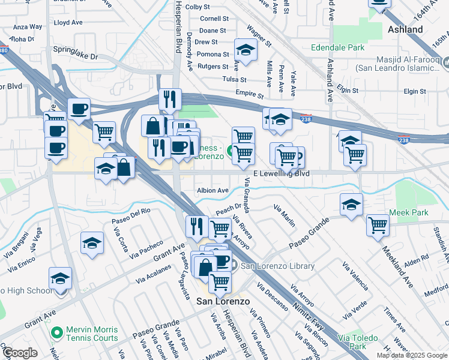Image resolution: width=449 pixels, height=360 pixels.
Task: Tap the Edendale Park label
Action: tap(337, 47)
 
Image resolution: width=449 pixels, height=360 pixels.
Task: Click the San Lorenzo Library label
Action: tap(277, 266)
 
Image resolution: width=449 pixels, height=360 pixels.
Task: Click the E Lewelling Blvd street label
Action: tap(281, 173)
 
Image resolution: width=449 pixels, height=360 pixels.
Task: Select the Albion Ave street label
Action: tap(212, 190)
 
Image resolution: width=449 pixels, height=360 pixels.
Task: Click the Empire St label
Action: tap(250, 95)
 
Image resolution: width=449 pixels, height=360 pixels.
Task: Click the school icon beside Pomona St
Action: tap(245, 48)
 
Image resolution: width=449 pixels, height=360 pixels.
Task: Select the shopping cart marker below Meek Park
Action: tap(378, 225)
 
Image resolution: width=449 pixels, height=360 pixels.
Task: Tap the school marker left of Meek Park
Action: tap(351, 204)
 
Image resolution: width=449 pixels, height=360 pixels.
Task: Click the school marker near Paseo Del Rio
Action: tap(92, 243)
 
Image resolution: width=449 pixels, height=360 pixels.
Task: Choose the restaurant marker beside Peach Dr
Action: tap(196, 226)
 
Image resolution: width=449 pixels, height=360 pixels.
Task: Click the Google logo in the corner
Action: tap(20, 353)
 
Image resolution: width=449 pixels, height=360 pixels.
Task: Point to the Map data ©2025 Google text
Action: tap(412, 355)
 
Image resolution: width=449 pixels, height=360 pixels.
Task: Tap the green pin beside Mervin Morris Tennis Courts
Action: tap(56, 332)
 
